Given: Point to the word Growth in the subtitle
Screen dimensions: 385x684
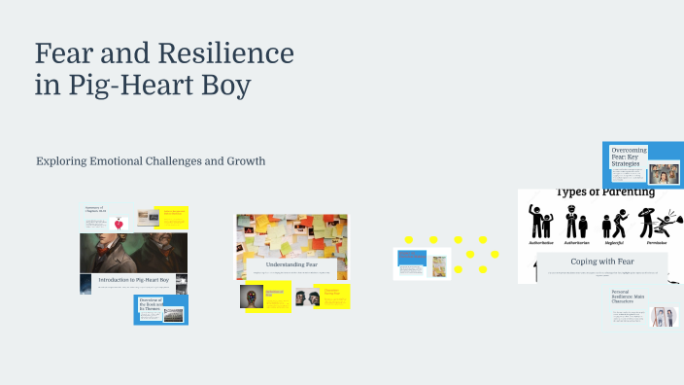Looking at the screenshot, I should point(244,160).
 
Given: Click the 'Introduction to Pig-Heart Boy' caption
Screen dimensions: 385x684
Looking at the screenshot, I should point(133,279).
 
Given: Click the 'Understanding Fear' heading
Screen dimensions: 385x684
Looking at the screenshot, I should point(291,262).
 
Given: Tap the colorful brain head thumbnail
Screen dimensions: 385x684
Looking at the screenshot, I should point(252,296).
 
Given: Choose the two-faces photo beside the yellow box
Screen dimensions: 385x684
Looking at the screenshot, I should point(307,297).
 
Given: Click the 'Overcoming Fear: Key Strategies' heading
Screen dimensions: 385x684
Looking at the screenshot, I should point(629,158).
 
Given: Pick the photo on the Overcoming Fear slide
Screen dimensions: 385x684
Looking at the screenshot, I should point(665,173).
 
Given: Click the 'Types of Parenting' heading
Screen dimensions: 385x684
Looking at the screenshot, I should point(604,192).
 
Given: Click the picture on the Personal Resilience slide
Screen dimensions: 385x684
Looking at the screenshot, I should point(664,316).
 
